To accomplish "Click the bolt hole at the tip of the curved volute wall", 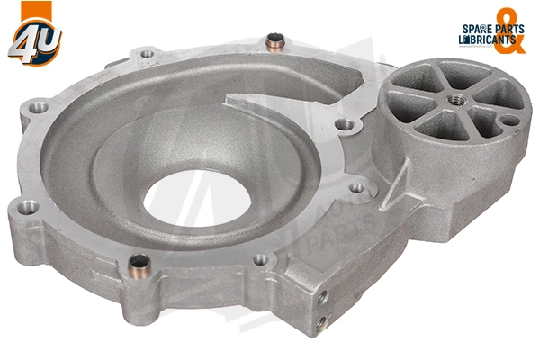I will [342, 124].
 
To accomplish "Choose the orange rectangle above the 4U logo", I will [26, 12].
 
